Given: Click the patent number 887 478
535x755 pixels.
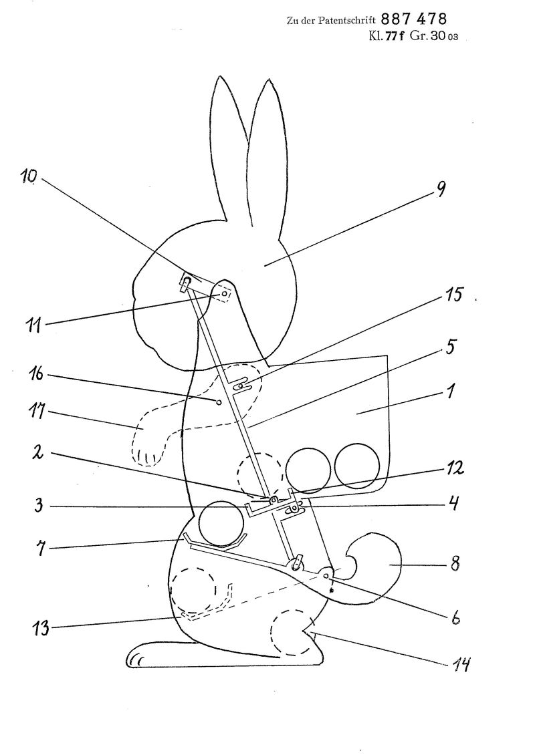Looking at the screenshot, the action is pos(414,19).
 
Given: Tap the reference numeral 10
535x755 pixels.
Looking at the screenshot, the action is pos(29,176).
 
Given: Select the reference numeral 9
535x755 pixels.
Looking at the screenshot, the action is pos(440,190).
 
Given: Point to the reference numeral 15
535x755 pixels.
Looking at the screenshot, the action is pos(453,295).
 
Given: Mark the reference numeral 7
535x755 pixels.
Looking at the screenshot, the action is pos(41,549).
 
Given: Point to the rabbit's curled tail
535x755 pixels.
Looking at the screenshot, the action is pos(374,568).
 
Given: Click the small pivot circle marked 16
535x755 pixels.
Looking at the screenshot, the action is pos(219,402).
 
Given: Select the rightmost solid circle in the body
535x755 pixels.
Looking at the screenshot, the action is pos(357,466).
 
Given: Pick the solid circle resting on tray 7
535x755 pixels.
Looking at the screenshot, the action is pos(220,524).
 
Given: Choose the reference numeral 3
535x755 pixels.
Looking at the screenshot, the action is pos(39,506).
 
